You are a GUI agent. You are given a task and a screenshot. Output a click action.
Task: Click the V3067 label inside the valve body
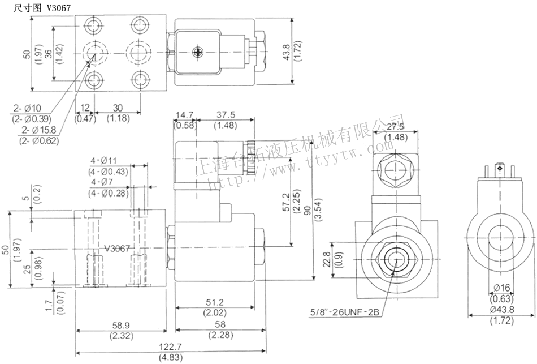118,248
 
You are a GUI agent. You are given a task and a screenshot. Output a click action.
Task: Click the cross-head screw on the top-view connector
198,53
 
